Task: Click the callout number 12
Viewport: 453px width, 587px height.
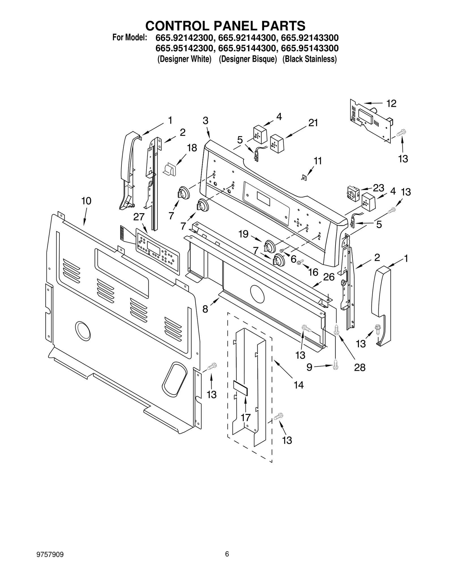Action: point(391,104)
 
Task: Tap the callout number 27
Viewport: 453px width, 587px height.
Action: point(139,217)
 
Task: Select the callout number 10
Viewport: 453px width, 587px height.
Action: point(86,201)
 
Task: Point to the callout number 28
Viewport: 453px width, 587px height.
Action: point(360,367)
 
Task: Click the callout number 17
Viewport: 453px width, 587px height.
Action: point(246,417)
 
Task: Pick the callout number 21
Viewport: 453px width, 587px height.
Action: point(313,123)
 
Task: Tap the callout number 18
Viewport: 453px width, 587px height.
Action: point(192,148)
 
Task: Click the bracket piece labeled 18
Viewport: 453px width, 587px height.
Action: point(170,169)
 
